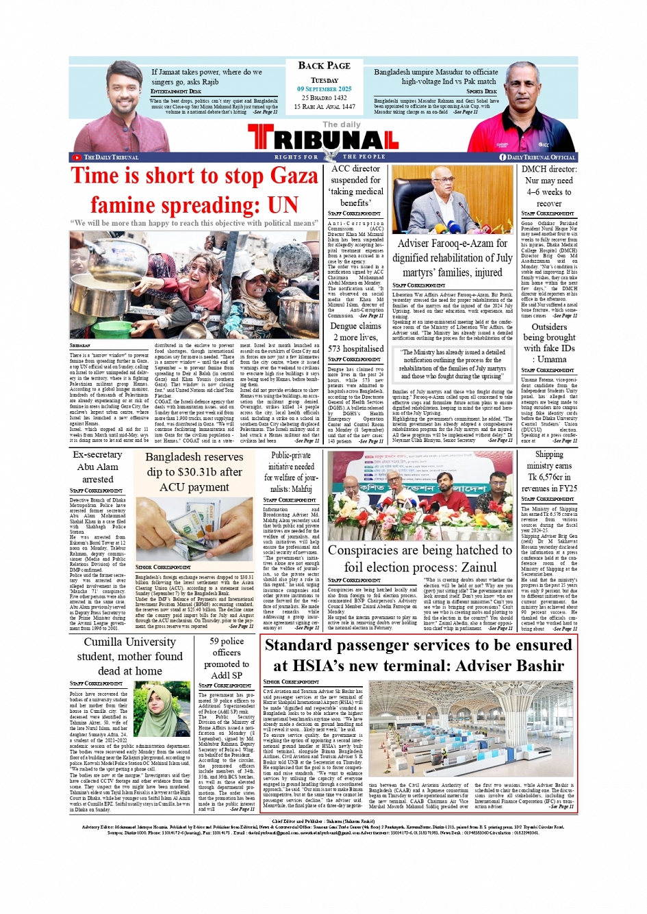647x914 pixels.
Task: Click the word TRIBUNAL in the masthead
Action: tap(323, 140)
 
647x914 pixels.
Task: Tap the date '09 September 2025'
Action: tap(324, 89)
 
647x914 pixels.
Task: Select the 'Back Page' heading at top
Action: tap(324, 66)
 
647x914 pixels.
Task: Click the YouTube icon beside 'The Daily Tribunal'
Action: tap(76, 157)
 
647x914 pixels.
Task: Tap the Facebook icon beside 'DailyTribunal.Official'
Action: tap(503, 157)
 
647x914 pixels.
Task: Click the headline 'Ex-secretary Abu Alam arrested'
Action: tap(97, 467)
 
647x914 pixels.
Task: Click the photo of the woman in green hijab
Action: tap(162, 709)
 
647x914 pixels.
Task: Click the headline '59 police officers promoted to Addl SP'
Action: tap(227, 658)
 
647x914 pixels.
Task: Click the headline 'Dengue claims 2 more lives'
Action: tap(355, 332)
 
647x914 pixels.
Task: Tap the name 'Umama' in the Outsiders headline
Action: tap(552, 359)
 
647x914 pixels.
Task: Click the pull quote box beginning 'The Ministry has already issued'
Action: tap(453, 365)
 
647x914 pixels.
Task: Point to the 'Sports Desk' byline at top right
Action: tap(482, 91)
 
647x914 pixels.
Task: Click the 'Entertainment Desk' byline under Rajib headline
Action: tap(176, 91)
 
